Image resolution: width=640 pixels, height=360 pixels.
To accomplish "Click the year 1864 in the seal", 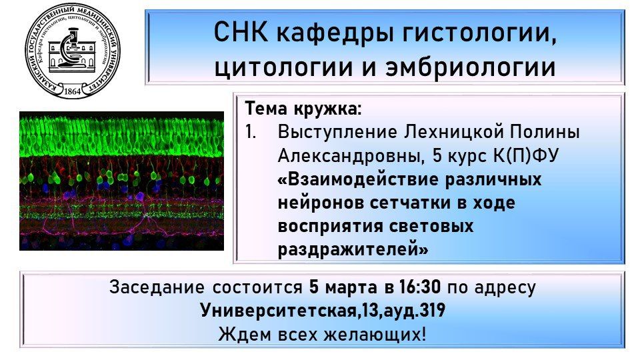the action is pyautogui.click(x=73, y=91).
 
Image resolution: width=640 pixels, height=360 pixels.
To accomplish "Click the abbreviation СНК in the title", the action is pyautogui.click(x=241, y=32).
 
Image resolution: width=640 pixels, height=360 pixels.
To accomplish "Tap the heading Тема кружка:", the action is pyautogui.click(x=303, y=109).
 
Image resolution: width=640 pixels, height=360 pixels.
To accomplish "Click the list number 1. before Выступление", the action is pyautogui.click(x=251, y=132).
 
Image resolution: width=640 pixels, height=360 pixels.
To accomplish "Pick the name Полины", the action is pyautogui.click(x=545, y=132).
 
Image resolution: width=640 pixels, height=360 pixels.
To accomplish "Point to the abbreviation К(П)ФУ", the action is pyautogui.click(x=526, y=155).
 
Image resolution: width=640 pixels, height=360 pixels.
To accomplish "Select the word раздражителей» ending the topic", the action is pyautogui.click(x=353, y=249).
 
